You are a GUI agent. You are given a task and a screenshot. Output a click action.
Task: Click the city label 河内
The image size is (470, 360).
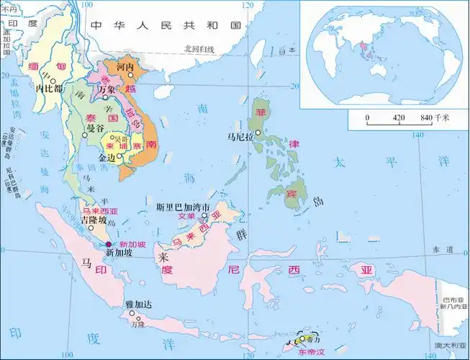click(126, 66)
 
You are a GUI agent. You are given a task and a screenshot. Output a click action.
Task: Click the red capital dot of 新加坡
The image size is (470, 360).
click(109, 245)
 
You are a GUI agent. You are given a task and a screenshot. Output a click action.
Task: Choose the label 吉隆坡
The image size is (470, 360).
click(94, 220)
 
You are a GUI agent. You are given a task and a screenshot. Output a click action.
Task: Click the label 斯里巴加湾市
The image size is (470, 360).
click(184, 206)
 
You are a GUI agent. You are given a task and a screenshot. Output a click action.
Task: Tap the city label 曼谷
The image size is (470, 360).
click(95, 128)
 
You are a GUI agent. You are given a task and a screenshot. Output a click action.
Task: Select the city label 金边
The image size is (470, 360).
click(107, 156)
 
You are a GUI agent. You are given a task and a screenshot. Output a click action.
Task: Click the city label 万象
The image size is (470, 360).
click(107, 89)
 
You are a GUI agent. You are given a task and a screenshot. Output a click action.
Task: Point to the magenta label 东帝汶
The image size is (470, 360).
click(312, 352)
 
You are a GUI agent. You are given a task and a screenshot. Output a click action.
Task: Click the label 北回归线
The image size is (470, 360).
click(199, 49)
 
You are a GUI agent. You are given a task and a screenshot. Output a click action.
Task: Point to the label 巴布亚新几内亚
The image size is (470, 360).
click(453, 302)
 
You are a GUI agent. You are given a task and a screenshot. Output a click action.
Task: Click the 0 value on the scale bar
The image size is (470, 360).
click(367, 117)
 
